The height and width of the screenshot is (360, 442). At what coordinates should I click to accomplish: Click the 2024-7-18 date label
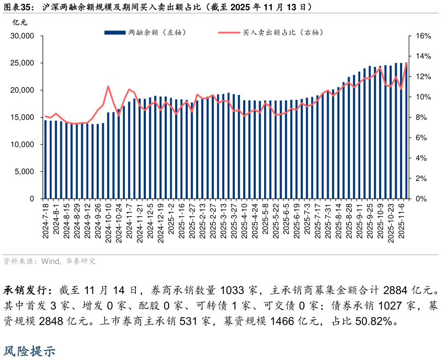46,221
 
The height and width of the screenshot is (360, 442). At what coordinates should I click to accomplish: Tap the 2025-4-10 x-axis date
245,221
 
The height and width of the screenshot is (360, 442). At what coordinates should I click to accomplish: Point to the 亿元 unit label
19,22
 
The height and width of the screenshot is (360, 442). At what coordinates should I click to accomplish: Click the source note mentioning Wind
50,261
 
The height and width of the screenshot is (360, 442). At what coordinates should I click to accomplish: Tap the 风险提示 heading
29,351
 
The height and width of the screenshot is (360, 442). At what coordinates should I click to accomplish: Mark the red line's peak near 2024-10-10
108,86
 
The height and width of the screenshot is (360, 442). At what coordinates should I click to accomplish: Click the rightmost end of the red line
406,63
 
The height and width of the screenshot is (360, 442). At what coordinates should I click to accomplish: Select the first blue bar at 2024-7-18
46,159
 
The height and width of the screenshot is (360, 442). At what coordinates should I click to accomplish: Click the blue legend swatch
114,33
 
